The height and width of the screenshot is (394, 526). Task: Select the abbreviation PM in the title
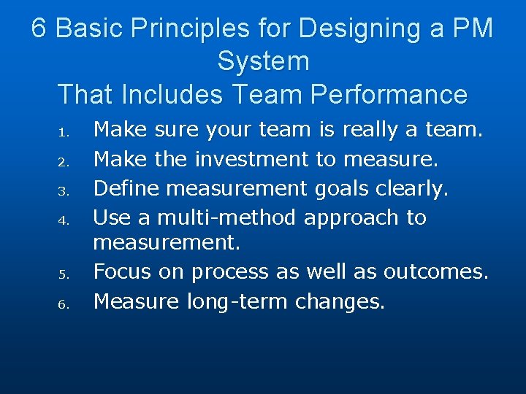(x=473, y=29)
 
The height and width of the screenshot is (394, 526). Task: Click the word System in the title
(x=263, y=61)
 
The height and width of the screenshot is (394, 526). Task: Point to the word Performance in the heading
(x=389, y=94)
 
